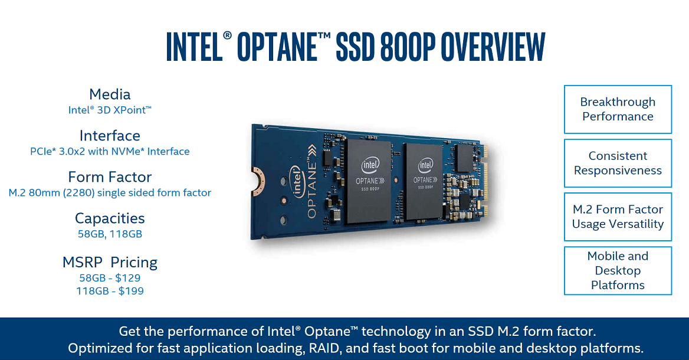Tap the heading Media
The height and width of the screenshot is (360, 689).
pyautogui.click(x=110, y=94)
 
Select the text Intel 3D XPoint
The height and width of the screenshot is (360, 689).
pyautogui.click(x=110, y=110)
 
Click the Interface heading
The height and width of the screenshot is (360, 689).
pyautogui.click(x=110, y=136)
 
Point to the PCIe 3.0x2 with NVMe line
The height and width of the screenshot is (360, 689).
pyautogui.click(x=110, y=151)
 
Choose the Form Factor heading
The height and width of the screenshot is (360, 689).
pyautogui.click(x=110, y=177)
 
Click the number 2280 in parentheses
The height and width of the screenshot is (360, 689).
pyautogui.click(x=79, y=192)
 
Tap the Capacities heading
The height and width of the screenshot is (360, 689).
pyautogui.click(x=110, y=218)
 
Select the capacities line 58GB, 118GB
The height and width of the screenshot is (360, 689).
pyautogui.click(x=110, y=234)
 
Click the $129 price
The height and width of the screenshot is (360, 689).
pyautogui.click(x=128, y=278)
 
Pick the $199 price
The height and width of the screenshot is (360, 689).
pyautogui.click(x=131, y=290)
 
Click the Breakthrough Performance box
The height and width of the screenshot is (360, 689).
pyautogui.click(x=618, y=109)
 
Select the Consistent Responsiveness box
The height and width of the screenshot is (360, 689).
pyautogui.click(x=618, y=163)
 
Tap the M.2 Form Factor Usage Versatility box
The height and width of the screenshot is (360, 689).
pyautogui.click(x=618, y=217)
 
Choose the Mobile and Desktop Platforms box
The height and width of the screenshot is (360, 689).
pyautogui.click(x=618, y=270)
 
